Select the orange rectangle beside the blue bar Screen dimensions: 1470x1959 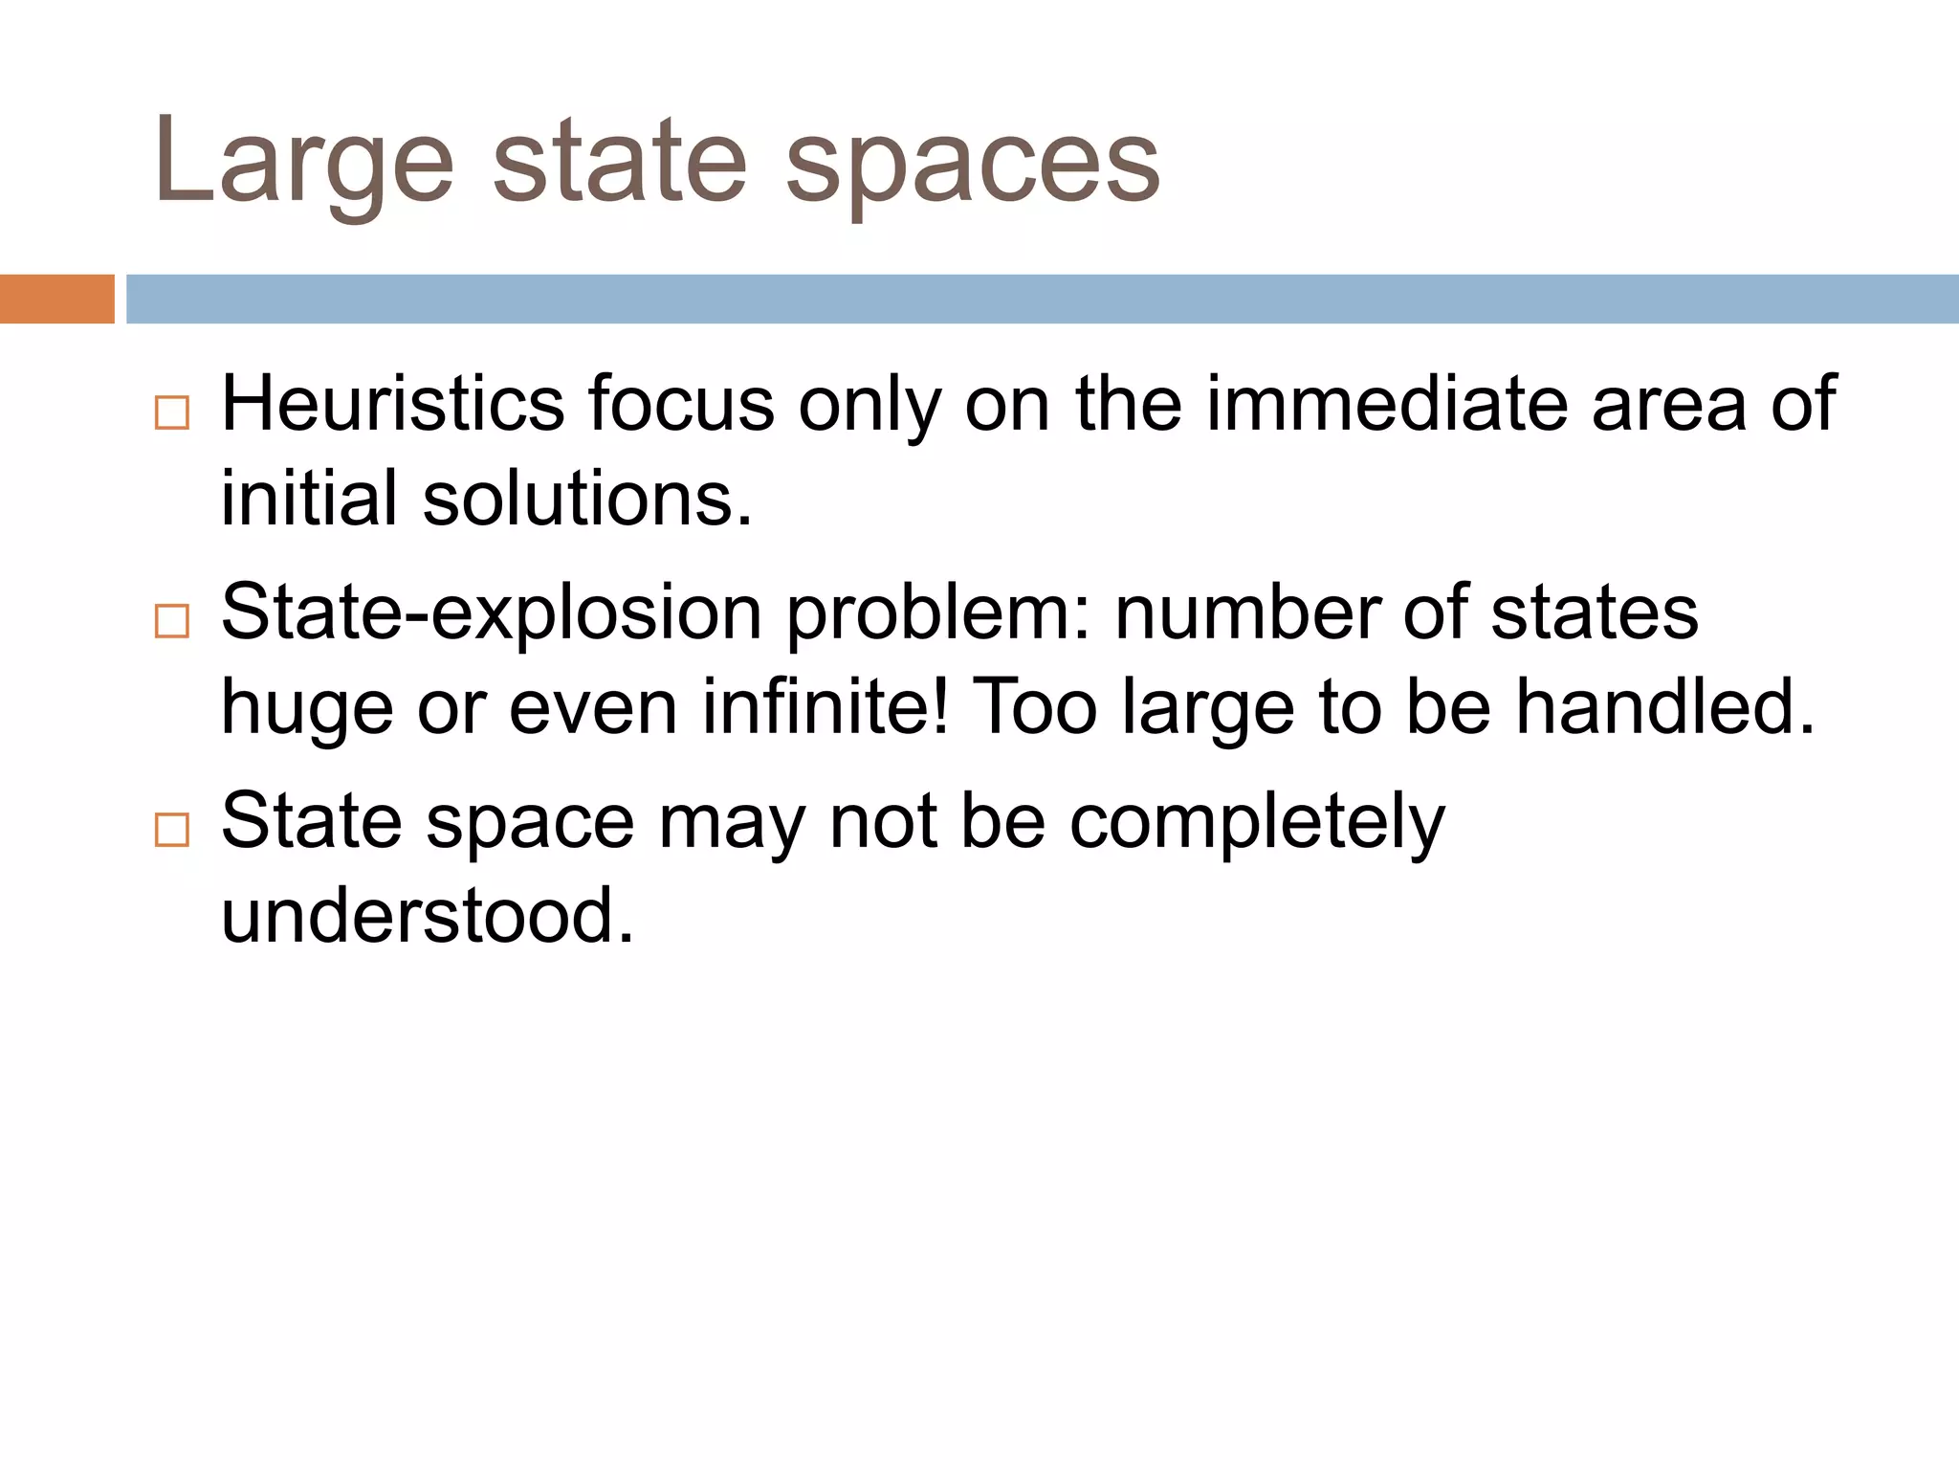point(56,299)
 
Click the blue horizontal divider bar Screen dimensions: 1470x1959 point(1042,299)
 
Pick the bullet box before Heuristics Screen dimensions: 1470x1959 point(172,412)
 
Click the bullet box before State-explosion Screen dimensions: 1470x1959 point(172,621)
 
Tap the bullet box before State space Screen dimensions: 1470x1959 point(172,829)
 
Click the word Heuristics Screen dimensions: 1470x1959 point(393,405)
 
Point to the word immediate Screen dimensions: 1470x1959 point(1387,405)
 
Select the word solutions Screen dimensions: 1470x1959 point(586,500)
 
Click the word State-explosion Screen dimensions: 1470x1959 point(491,613)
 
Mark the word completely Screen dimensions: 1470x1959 point(1257,822)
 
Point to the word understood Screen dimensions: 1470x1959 point(428,916)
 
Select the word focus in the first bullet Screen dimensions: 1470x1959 point(680,405)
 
